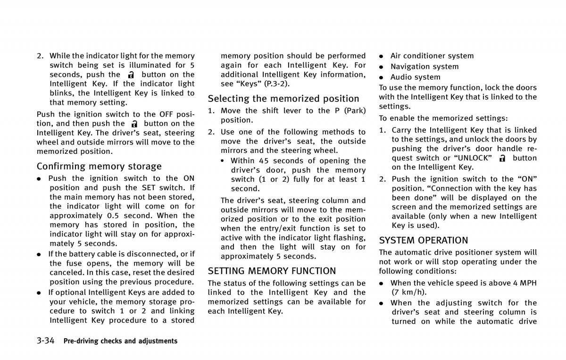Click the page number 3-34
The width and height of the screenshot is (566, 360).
(x=46, y=340)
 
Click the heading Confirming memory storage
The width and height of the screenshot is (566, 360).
(x=99, y=166)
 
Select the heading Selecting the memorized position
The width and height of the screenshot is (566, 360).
(x=283, y=99)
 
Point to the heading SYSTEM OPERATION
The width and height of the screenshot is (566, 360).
(x=424, y=240)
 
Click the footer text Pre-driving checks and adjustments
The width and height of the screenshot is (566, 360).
(x=120, y=341)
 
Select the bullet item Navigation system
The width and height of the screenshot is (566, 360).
(x=424, y=67)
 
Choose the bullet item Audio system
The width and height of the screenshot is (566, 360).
(x=415, y=77)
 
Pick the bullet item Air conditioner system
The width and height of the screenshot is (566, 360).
(x=432, y=56)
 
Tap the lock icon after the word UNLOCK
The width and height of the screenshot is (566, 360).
(x=502, y=158)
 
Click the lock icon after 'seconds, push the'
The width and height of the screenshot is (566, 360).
(x=131, y=75)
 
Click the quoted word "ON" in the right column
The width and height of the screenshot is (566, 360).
(x=527, y=179)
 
